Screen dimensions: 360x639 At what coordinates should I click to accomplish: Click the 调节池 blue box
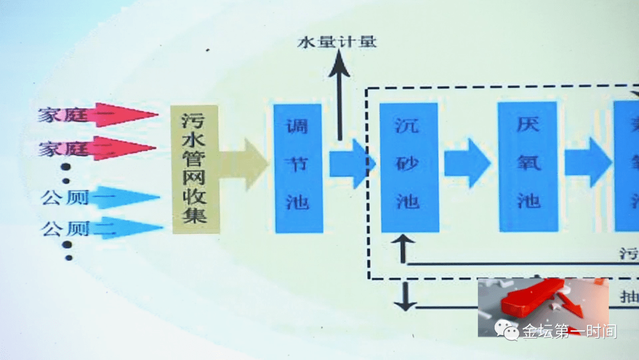[299, 168]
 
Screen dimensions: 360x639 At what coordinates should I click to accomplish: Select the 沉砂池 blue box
[409, 167]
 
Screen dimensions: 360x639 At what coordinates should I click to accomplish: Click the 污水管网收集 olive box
[195, 169]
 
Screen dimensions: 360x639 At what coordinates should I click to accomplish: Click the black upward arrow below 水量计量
[340, 95]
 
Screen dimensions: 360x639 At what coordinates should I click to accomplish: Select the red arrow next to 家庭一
[124, 115]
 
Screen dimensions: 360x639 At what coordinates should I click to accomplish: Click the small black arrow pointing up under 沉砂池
[404, 248]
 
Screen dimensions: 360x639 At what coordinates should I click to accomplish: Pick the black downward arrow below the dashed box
[405, 297]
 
